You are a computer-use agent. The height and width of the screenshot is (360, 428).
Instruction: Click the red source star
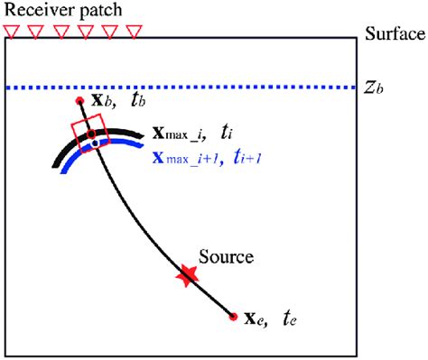186,276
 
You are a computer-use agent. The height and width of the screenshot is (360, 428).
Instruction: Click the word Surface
395,34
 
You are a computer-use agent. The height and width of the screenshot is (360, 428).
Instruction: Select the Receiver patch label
62,11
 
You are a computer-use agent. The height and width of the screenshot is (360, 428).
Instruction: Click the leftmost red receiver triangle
11,32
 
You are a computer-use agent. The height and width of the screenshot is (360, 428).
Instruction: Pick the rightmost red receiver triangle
135,32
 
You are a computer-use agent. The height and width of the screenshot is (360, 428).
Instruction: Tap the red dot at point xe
234,317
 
